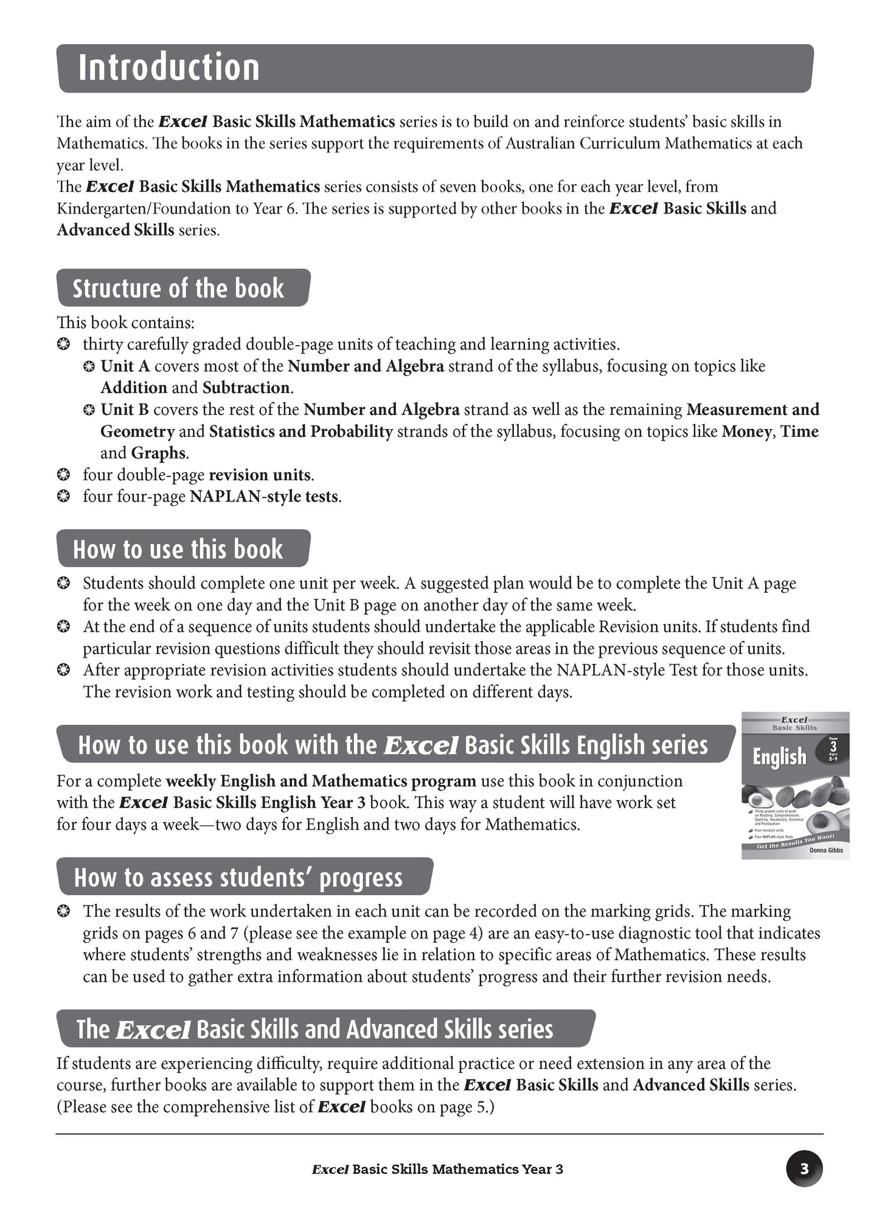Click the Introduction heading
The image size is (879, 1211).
tap(169, 68)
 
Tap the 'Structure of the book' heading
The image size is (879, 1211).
tap(178, 288)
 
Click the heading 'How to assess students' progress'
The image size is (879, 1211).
tap(238, 878)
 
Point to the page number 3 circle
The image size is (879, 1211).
tap(804, 1168)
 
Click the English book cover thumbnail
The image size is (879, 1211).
tap(794, 785)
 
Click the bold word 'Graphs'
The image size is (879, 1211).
tap(158, 453)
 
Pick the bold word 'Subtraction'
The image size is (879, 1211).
tap(246, 388)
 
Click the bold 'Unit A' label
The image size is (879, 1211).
tap(125, 366)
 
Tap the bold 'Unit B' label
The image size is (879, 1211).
tap(125, 410)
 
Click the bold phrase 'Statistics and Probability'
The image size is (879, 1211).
tap(301, 431)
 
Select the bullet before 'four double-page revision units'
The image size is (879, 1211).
tap(63, 475)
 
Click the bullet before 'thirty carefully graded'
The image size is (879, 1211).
tap(63, 344)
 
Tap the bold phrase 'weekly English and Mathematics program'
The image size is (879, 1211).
tap(321, 781)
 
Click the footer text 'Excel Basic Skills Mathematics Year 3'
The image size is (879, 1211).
tap(437, 1169)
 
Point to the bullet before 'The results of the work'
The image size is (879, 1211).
tap(63, 912)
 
